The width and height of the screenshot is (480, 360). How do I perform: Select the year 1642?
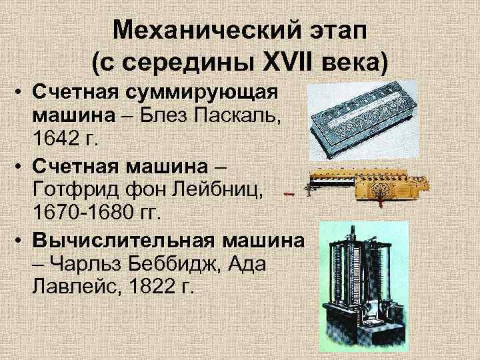pos(55,139)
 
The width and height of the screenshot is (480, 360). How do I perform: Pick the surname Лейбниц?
pos(217,190)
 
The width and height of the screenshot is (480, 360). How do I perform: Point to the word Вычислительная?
pos(124,240)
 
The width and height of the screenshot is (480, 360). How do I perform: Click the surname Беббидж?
pos(175,264)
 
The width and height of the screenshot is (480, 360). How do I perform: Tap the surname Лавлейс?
pos(75,286)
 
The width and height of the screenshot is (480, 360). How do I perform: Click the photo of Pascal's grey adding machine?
pos(363,121)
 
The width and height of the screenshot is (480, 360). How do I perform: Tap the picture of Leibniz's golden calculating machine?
pos(367,187)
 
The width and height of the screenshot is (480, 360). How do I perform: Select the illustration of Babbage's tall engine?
pos(364,286)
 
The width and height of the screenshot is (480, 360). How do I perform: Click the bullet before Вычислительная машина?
pos(19,241)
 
